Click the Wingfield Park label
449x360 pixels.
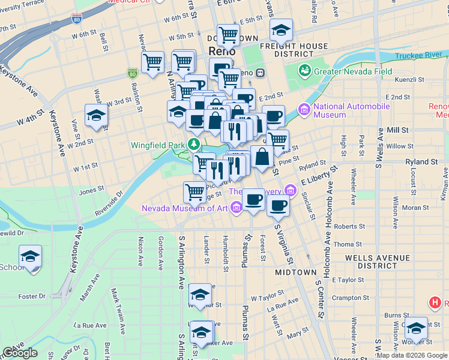(159, 145)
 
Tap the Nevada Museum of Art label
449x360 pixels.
(184, 208)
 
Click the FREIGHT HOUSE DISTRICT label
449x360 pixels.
(294, 50)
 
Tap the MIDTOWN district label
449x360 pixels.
(295, 272)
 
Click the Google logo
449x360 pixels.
(20, 353)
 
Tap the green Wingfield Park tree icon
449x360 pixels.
(194, 145)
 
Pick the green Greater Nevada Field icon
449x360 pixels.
(306, 70)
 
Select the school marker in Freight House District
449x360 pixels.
(280, 31)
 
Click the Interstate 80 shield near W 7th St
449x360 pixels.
(76, 20)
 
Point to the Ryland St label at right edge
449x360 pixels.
(421, 162)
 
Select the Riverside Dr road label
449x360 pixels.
(111, 202)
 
